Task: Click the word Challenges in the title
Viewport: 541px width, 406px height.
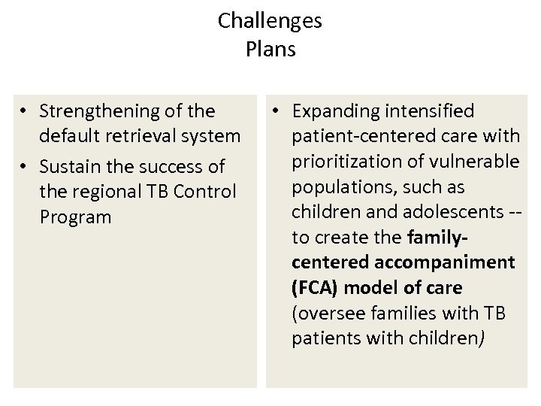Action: coord(270,21)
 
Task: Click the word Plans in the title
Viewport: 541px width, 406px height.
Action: coord(270,50)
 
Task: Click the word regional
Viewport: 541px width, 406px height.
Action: coord(107,191)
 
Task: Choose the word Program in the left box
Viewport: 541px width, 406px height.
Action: coord(76,217)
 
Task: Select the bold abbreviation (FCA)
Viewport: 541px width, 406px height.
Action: coord(315,288)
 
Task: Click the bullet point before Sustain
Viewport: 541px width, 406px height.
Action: coord(26,165)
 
